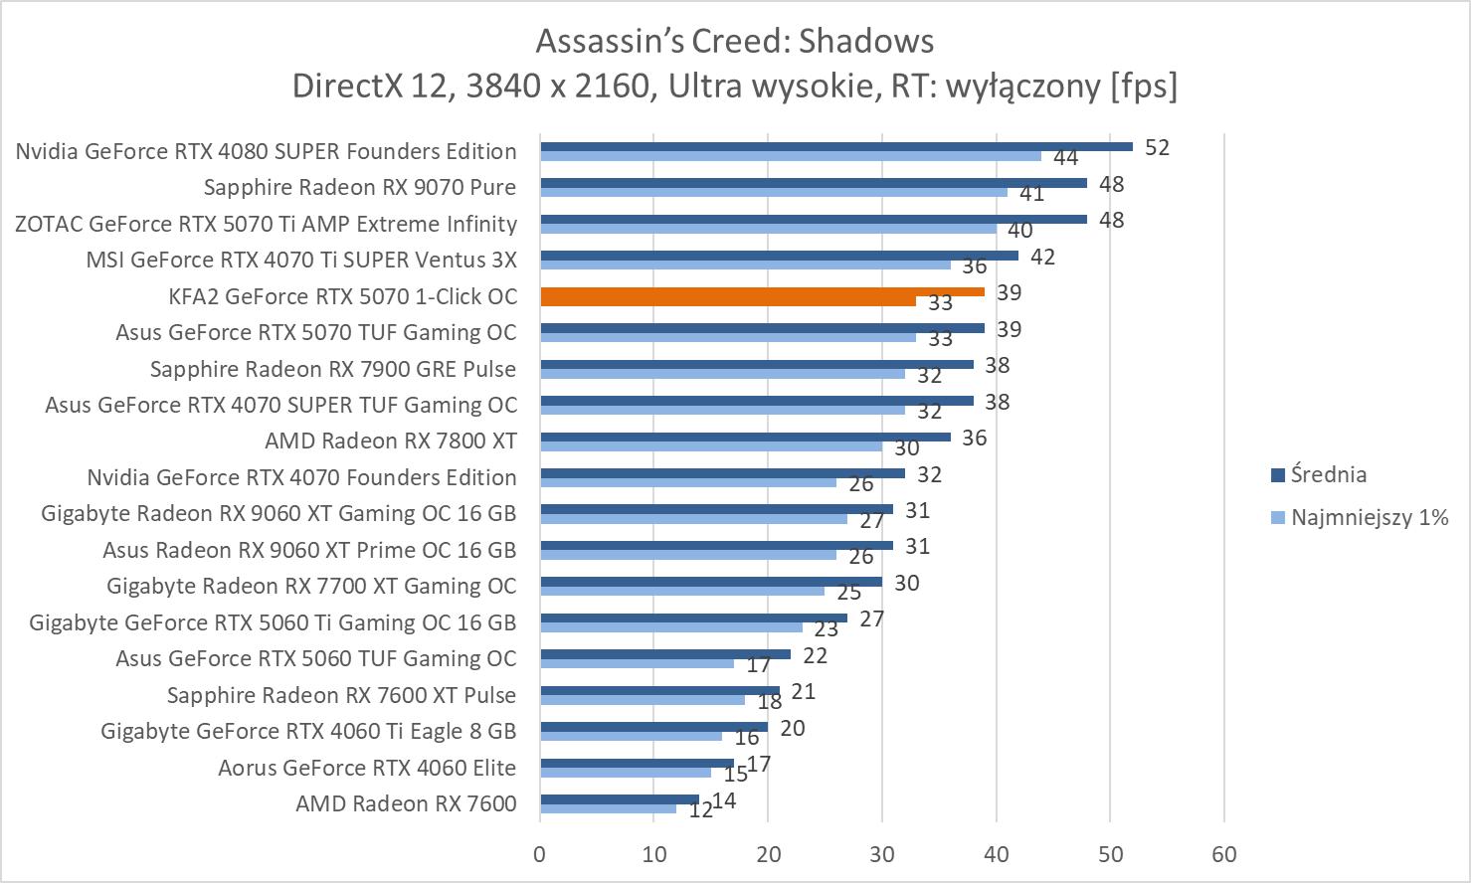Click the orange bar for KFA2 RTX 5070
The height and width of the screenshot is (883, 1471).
point(762,291)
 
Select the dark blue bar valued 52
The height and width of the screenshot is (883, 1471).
point(835,146)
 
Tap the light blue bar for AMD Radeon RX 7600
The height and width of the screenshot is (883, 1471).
point(608,808)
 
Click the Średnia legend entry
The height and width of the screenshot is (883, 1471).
point(1327,474)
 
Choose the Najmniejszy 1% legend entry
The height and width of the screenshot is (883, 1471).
point(1368,517)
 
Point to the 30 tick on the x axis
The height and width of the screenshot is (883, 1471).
point(882,854)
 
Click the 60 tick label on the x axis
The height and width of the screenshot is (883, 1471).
point(1223,854)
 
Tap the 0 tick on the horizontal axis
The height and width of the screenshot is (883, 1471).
point(540,854)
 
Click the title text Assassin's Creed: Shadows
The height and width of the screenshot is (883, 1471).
point(735,41)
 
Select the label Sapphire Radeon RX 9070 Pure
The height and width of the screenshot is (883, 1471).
point(359,187)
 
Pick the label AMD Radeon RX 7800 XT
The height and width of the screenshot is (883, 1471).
point(390,441)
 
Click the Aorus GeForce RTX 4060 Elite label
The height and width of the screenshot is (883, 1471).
point(367,768)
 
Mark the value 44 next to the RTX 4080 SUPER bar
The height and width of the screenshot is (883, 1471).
point(1065,158)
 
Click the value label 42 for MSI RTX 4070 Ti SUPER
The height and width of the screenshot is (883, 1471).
point(1042,257)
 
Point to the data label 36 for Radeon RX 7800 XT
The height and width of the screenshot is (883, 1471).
point(974,438)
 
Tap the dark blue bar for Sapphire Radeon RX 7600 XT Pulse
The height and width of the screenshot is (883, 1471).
point(659,690)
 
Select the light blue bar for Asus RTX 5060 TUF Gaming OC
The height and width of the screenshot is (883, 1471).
point(637,663)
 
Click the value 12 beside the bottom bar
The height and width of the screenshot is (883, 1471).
point(700,810)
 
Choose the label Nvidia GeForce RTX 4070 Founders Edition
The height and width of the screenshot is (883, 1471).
point(301,477)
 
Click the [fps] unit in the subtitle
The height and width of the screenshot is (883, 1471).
point(1144,87)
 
